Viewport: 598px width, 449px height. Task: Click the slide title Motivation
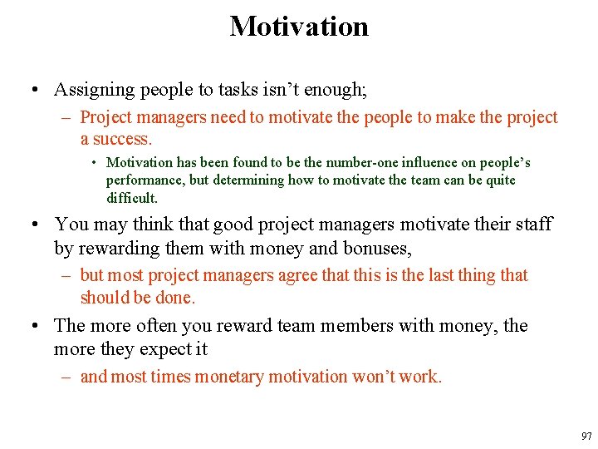pyautogui.click(x=299, y=27)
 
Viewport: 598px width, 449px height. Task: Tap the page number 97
pyautogui.click(x=586, y=437)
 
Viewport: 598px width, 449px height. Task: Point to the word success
pyautogui.click(x=125, y=139)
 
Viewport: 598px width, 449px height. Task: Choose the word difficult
pyautogui.click(x=131, y=198)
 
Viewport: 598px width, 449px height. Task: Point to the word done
pyautogui.click(x=176, y=298)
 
